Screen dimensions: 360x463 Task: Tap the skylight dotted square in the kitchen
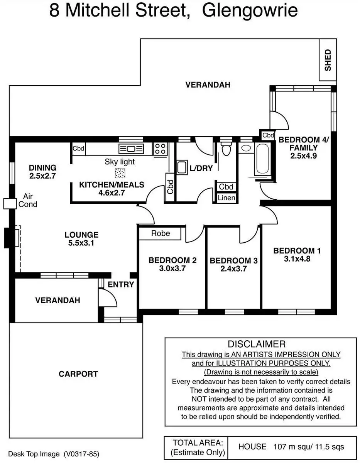[120, 172]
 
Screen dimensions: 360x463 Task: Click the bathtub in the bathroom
[262, 159]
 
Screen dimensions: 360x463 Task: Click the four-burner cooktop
[161, 149]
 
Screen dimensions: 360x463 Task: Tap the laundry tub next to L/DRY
[182, 168]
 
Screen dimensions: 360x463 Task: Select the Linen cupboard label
[226, 198]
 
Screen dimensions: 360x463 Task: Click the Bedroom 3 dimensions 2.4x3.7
[233, 269]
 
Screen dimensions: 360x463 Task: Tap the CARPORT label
[78, 374]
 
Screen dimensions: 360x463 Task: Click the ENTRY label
[121, 285]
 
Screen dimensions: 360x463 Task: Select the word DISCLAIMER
[257, 344]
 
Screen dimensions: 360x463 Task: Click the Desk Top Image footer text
[34, 454]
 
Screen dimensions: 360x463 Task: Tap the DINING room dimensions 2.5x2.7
[42, 176]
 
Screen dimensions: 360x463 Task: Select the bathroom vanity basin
[245, 148]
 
